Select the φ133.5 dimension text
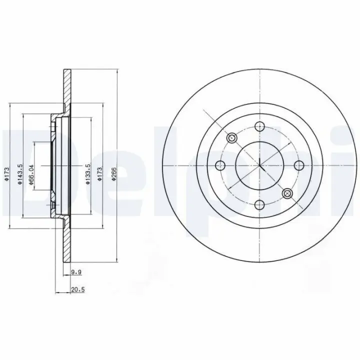pos(88,173)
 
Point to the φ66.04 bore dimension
pos(31,174)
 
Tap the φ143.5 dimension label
pos(20,174)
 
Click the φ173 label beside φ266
pos(100,174)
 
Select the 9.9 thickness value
pos(76,272)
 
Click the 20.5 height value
pos(78,289)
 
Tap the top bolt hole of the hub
pos(259,126)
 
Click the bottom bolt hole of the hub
pos(259,204)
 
